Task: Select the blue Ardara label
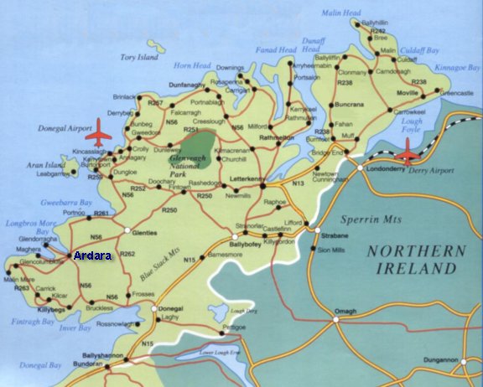click(92, 255)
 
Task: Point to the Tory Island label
click(138, 58)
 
